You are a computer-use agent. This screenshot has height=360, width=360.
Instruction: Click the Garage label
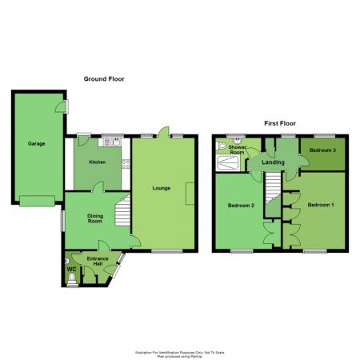[x=36, y=144]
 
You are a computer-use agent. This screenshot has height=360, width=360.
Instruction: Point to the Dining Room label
[x=95, y=217]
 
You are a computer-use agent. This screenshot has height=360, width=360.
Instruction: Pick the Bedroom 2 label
[x=240, y=206]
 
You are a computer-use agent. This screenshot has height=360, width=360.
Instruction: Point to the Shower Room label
[x=238, y=149]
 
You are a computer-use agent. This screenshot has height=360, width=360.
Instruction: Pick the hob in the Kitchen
[x=125, y=165]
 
